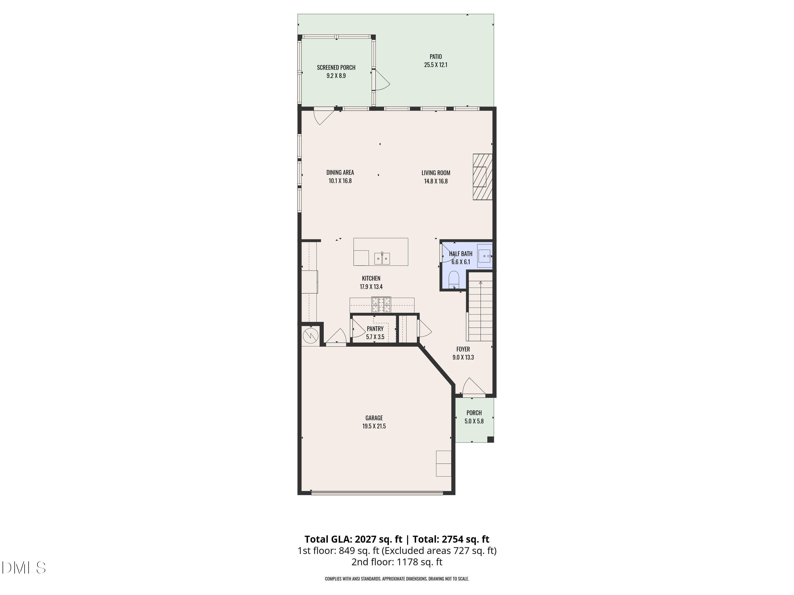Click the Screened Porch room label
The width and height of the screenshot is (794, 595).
tap(336, 67)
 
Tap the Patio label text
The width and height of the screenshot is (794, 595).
tap(435, 57)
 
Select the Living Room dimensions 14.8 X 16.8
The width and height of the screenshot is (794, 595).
tap(436, 181)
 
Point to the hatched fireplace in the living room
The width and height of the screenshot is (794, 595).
tap(482, 177)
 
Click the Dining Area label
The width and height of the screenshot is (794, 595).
tap(340, 172)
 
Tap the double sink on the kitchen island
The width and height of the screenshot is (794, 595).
tap(382, 258)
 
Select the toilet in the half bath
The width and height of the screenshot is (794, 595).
tap(454, 280)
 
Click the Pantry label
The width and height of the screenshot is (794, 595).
tap(375, 328)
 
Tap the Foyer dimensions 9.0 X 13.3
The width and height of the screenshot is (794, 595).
tap(463, 357)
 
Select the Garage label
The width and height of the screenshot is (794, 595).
tap(374, 418)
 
